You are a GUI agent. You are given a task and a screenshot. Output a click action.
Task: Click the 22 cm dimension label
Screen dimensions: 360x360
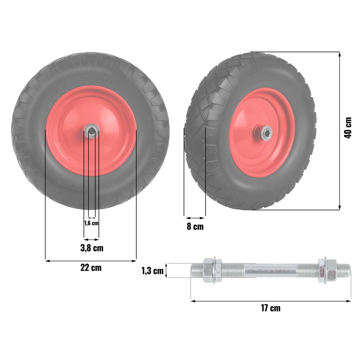coord(91,268)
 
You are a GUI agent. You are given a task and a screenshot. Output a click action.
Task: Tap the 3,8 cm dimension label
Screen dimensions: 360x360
coord(91,248)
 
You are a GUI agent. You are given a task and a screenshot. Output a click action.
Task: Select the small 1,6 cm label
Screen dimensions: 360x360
coord(91,223)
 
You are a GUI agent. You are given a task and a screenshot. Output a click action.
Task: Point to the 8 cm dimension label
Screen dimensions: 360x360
coord(195,227)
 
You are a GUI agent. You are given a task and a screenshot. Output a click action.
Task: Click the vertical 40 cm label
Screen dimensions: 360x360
coord(348,128)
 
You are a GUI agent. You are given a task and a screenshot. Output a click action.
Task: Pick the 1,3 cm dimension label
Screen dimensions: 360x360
coord(152,271)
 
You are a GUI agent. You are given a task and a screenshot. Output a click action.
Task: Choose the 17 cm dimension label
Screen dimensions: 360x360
coord(270,308)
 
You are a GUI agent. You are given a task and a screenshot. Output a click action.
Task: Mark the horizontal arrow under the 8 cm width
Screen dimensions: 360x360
coord(195,217)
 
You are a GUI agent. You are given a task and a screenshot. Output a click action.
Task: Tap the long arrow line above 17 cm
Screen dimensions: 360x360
coord(270,301)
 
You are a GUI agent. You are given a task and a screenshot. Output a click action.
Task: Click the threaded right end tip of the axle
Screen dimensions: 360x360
coord(347,269)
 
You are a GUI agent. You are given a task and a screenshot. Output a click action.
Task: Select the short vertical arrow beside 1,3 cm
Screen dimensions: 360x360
coord(166,271)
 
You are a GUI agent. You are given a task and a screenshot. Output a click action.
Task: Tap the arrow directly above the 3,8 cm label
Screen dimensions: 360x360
coord(91,239)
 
